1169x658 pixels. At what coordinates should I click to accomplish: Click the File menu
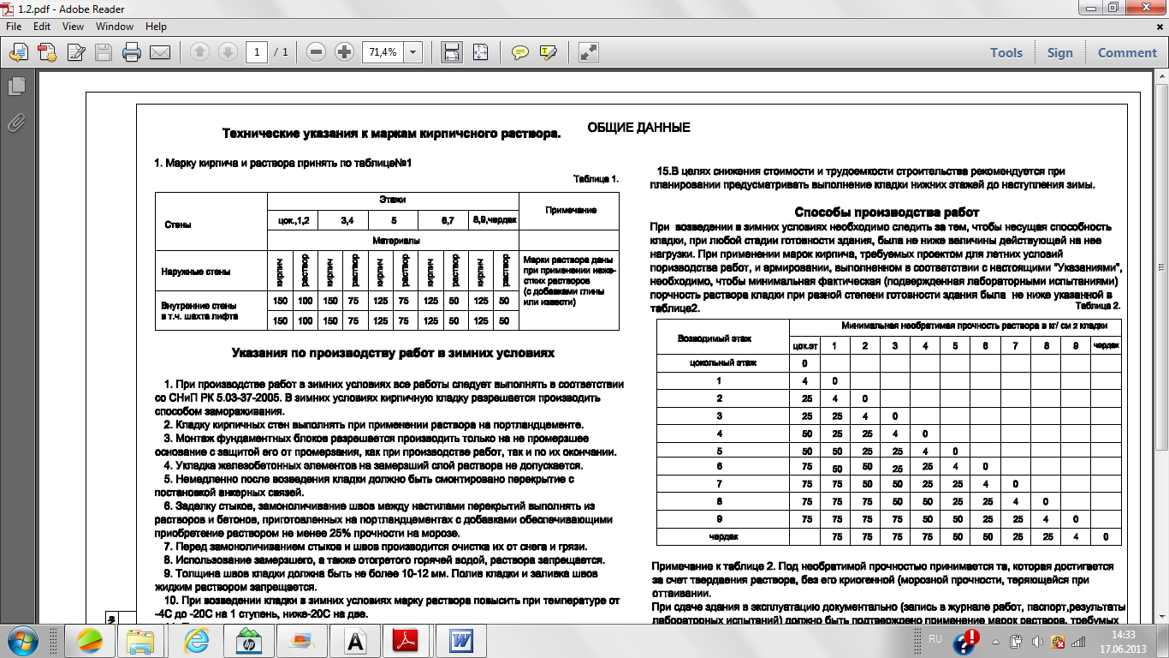[14, 27]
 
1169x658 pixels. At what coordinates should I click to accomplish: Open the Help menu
[156, 27]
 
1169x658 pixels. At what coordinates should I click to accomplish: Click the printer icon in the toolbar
[132, 53]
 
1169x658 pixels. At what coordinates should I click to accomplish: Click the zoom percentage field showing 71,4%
[383, 52]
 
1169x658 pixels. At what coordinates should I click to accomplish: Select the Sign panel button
[1059, 53]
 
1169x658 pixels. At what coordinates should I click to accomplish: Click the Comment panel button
[1127, 53]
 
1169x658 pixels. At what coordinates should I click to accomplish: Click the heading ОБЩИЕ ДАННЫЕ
[638, 128]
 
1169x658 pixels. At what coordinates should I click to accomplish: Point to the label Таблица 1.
[596, 179]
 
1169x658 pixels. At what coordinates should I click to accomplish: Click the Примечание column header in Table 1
[569, 210]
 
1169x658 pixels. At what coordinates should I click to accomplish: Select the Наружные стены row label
[196, 272]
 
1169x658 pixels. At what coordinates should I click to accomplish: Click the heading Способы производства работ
[887, 212]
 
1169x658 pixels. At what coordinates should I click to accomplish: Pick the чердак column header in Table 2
[1106, 345]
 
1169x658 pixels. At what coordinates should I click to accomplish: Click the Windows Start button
[22, 640]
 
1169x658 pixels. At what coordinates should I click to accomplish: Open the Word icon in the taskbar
[461, 640]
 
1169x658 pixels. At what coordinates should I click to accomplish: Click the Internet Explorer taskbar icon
[196, 640]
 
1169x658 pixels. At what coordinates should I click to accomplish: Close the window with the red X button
[1147, 8]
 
